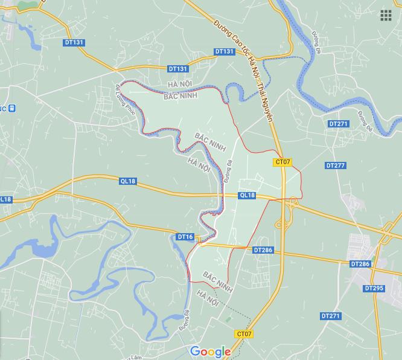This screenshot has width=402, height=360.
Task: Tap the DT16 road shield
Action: point(185,237)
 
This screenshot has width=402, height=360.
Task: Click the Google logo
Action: point(210,352)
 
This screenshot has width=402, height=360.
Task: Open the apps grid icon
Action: point(386,16)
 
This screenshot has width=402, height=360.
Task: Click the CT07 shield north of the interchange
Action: point(282,162)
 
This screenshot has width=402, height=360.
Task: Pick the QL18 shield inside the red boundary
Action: point(247,195)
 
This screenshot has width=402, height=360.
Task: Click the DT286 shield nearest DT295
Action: point(360,265)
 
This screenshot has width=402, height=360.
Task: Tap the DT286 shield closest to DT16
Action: point(263,249)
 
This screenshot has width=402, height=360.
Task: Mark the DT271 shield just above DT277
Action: point(339,123)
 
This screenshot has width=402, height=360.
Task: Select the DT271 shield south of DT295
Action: point(331,316)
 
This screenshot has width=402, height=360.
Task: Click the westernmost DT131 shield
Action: point(75,42)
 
